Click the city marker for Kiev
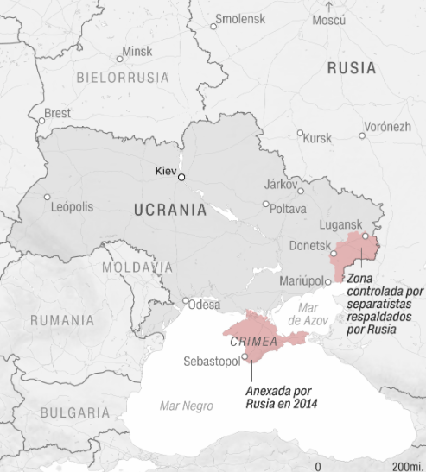pos(181,176)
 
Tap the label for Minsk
pos(137,52)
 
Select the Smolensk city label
pos(241,18)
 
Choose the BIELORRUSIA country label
pos(122,78)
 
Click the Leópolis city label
pos(73,206)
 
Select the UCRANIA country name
pos(170,210)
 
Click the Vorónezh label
pos(386,127)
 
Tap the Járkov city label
pos(279,185)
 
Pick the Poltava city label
pos(288,209)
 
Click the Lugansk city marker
pos(366,236)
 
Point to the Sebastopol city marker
pos(245,356)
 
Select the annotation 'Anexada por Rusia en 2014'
pos(282,398)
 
